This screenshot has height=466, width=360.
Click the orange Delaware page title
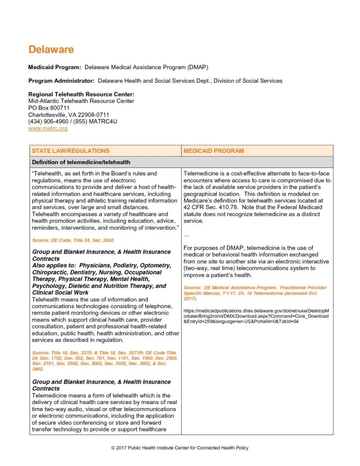click(51, 50)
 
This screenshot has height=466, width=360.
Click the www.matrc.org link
click(48, 129)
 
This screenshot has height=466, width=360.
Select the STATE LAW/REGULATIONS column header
click(70, 151)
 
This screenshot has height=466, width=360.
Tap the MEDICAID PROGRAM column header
click(213, 151)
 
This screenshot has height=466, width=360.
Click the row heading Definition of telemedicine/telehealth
click(81, 162)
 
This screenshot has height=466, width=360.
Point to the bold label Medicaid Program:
click(55, 67)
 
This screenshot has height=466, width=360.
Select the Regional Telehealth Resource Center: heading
click(81, 94)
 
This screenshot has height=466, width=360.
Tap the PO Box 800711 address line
click(49, 108)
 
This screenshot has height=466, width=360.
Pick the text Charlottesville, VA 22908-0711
click(68, 115)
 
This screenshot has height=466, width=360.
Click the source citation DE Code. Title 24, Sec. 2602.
click(73, 240)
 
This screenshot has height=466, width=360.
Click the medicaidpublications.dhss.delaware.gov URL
click(256, 316)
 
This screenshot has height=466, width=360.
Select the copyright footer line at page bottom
click(180, 448)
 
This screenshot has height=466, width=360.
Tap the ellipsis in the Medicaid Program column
click(187, 235)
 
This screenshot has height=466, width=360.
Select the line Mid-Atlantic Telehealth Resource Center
click(81, 101)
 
